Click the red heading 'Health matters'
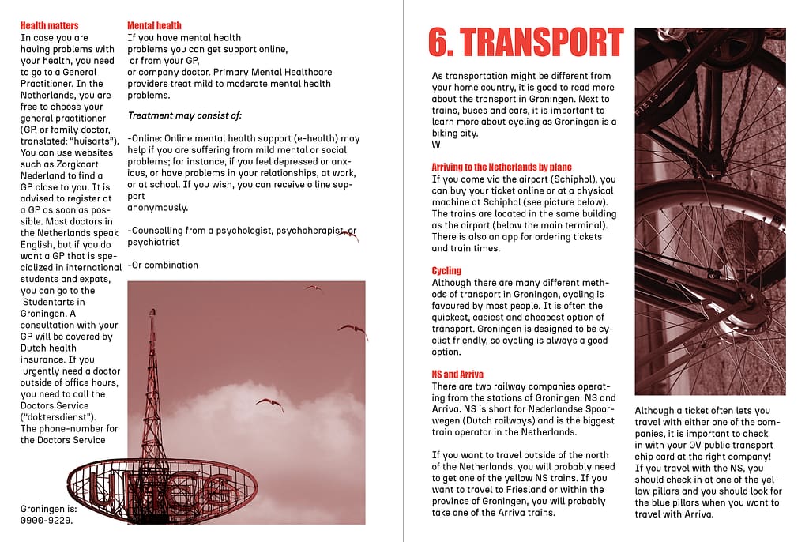(x=49, y=25)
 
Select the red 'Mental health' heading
(x=154, y=25)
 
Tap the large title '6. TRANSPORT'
(x=525, y=43)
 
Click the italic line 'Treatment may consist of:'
(x=185, y=116)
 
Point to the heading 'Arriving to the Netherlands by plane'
(x=502, y=167)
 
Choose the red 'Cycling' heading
(x=446, y=271)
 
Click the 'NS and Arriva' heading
(x=458, y=375)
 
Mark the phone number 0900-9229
(x=47, y=520)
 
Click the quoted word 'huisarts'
(x=88, y=141)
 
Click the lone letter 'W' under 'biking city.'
(x=436, y=145)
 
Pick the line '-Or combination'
(x=163, y=265)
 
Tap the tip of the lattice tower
(x=151, y=311)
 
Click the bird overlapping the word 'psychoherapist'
(x=347, y=235)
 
